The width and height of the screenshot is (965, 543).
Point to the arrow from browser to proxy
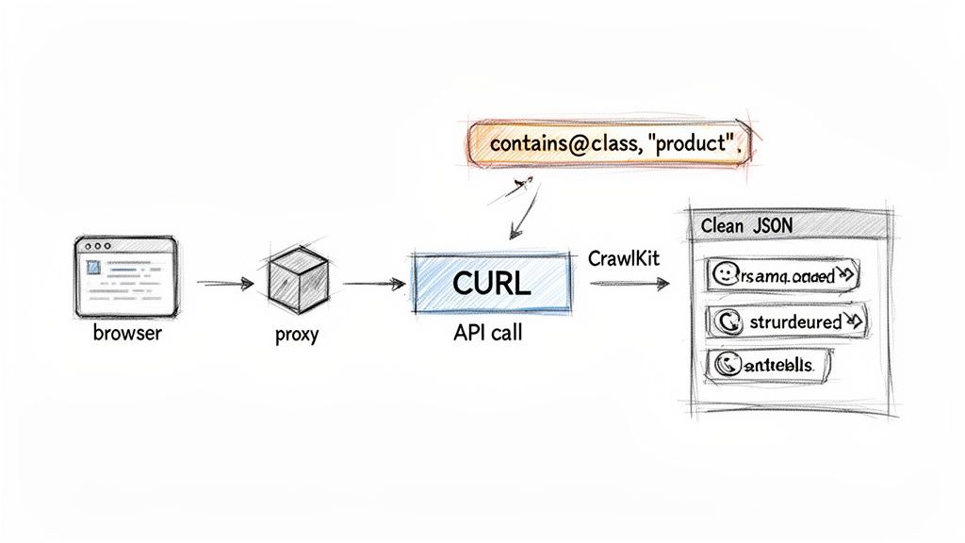[x=225, y=283]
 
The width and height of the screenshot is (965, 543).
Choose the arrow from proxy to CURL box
[x=373, y=283]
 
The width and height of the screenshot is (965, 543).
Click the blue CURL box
[x=492, y=283]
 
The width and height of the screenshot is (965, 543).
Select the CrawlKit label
[x=624, y=257]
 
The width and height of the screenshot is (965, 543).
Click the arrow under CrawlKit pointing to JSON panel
[x=630, y=282]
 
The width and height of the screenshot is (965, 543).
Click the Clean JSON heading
[x=747, y=226]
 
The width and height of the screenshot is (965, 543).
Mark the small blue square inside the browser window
[x=94, y=269]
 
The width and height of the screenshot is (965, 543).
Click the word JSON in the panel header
[x=774, y=226]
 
